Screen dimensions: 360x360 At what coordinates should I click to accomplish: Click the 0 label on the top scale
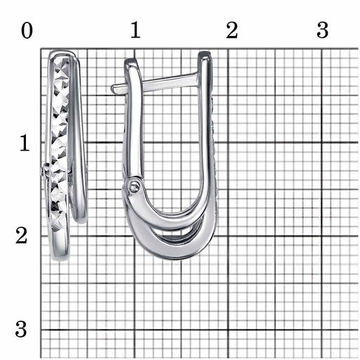click(x=27, y=31)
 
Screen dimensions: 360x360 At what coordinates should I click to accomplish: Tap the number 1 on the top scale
click(x=136, y=30)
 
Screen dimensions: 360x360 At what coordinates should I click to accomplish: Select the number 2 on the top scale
click(x=232, y=30)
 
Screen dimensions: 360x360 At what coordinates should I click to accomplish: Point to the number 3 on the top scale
click(x=323, y=30)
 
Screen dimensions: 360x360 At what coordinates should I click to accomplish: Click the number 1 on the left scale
click(x=25, y=143)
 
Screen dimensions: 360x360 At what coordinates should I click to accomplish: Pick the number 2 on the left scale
click(x=21, y=236)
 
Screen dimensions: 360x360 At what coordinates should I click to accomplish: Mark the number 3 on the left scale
click(x=21, y=329)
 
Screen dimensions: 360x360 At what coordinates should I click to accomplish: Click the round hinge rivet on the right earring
click(x=134, y=187)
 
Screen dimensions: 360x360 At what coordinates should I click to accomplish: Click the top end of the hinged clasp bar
click(x=130, y=61)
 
